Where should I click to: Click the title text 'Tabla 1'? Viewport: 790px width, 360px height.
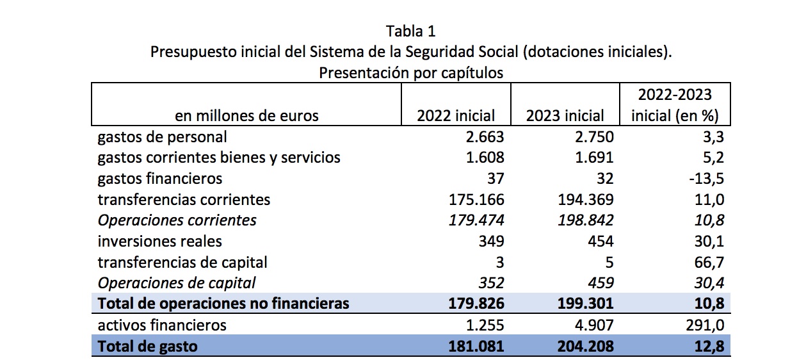[411, 31]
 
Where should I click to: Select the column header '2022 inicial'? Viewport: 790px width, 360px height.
[456, 116]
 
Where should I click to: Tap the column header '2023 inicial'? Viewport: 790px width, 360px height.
[565, 116]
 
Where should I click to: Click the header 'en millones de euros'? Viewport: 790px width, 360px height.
[246, 116]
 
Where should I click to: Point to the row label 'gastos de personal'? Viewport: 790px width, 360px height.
[162, 136]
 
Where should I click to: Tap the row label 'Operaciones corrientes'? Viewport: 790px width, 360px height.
[177, 220]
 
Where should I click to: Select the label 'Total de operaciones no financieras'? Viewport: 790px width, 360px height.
[223, 303]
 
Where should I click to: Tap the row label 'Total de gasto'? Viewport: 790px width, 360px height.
[147, 347]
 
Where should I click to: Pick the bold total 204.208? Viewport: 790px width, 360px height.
[583, 347]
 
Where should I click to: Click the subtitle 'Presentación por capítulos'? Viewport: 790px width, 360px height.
[411, 72]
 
